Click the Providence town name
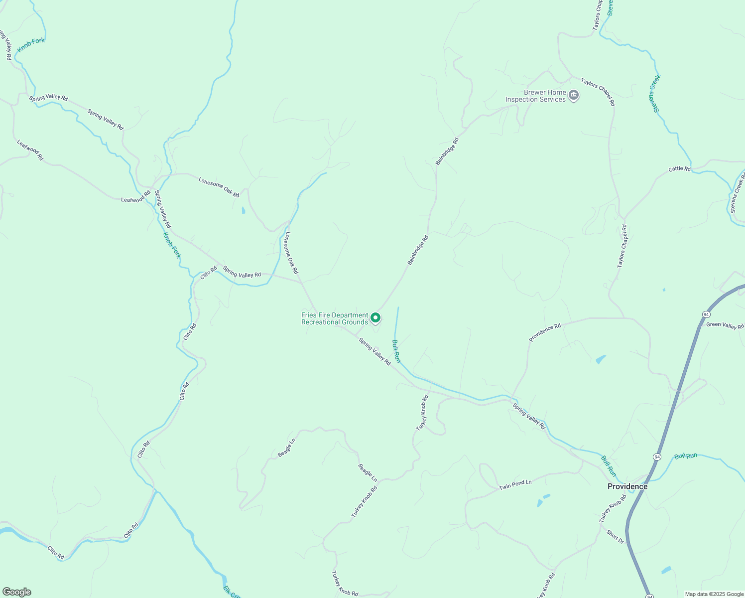(627, 486)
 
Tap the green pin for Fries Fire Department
(375, 317)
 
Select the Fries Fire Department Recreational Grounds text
(335, 318)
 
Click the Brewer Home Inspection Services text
(535, 96)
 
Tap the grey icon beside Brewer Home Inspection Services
(574, 95)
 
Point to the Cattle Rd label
(679, 169)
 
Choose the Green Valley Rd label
(725, 325)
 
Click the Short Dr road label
(615, 536)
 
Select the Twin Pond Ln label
(515, 485)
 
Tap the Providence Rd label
(545, 332)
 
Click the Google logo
(16, 592)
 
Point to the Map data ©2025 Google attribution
(713, 594)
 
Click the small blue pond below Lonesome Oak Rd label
(243, 210)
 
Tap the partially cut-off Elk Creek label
(232, 592)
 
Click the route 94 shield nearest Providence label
(657, 456)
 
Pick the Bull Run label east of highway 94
(686, 456)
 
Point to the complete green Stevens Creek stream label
(655, 93)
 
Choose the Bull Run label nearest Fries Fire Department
(396, 351)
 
